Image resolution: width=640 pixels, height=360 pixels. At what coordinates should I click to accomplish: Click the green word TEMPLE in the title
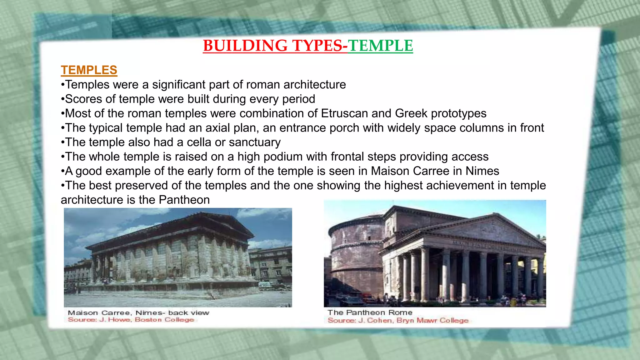pyautogui.click(x=380, y=46)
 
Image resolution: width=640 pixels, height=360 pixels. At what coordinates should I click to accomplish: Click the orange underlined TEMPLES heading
pyautogui.click(x=89, y=70)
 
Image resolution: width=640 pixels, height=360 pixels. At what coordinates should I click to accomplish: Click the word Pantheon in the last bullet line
pyautogui.click(x=184, y=200)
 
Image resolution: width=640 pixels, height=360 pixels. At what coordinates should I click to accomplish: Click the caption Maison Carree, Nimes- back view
pyautogui.click(x=138, y=313)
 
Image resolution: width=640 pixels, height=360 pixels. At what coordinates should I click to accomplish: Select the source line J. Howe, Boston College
pyautogui.click(x=131, y=320)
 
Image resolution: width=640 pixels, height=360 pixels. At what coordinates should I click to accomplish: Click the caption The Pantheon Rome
pyautogui.click(x=370, y=312)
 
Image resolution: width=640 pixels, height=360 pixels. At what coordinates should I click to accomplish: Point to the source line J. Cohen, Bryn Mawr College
pyautogui.click(x=398, y=320)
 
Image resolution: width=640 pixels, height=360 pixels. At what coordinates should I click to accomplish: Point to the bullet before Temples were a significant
pyautogui.click(x=63, y=85)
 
